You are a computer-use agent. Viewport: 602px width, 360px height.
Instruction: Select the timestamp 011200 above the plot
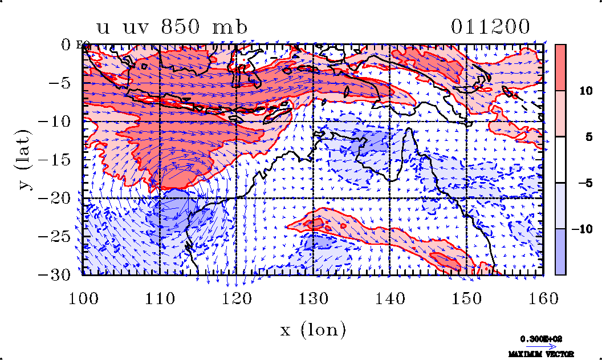pos(490,27)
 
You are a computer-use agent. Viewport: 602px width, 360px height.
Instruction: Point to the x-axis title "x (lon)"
pos(312,329)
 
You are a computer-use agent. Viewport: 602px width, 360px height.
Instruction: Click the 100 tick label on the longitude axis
pos(83,297)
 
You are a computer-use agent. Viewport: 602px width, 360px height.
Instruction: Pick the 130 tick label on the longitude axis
pos(313,297)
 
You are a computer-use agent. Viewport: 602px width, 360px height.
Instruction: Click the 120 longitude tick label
pos(236,297)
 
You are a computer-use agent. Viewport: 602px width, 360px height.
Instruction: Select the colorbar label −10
pos(580,229)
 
